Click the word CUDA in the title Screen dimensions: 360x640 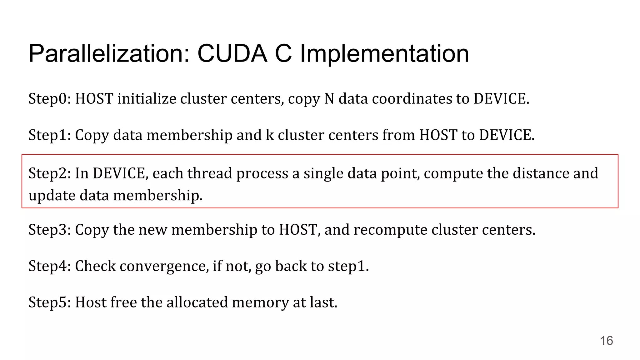[232, 53]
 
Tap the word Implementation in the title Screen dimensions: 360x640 [384, 54]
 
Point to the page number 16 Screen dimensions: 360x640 [606, 341]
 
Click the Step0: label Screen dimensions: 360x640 [50, 99]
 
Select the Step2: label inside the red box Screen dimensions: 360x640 [50, 173]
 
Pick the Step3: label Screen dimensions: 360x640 [50, 230]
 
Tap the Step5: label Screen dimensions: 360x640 [50, 302]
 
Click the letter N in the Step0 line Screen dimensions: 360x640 [329, 99]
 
